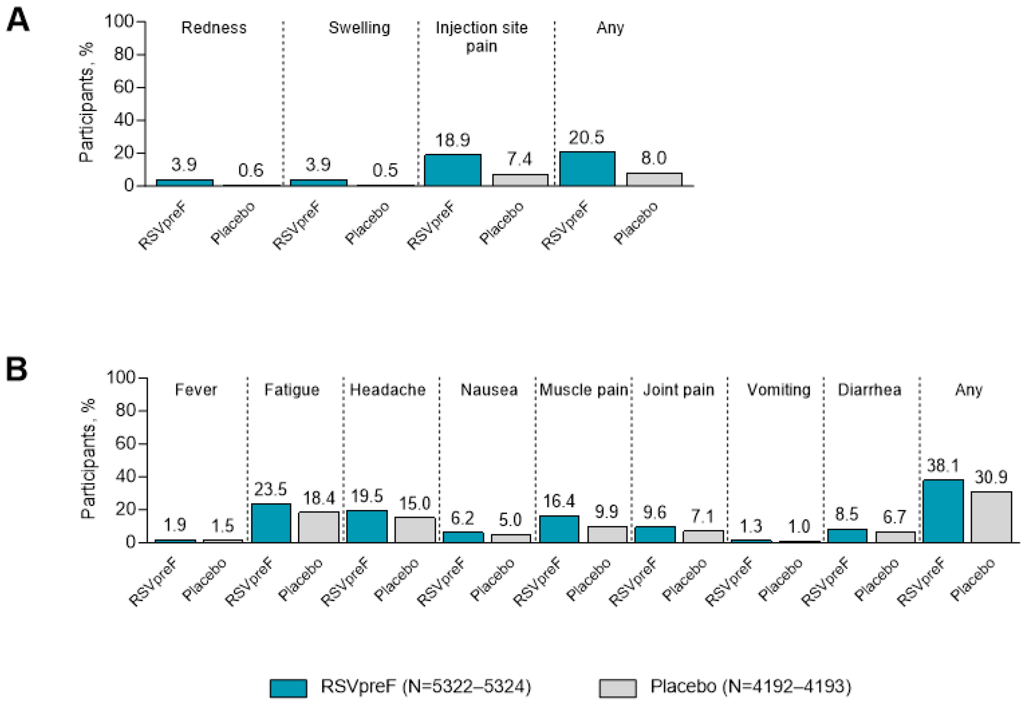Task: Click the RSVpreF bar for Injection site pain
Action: tap(452, 170)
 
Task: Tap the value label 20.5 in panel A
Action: tap(586, 138)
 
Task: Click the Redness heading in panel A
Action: tap(214, 28)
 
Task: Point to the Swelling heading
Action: tap(359, 28)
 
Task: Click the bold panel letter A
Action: tap(18, 20)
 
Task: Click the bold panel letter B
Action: tap(17, 370)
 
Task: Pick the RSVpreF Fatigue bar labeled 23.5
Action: tap(271, 523)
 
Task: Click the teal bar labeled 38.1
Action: tap(943, 511)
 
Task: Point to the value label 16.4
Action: tap(559, 501)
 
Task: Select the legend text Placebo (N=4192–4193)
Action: tap(751, 687)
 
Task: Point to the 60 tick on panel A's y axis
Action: tap(124, 87)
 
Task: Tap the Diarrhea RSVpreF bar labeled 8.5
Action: tap(847, 536)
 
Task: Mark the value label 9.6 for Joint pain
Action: tap(654, 513)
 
